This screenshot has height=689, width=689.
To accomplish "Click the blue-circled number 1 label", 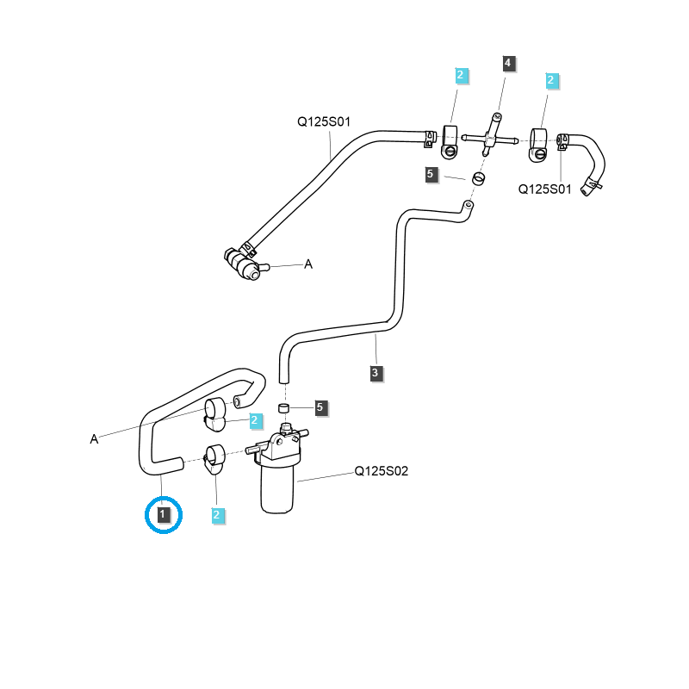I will (164, 515).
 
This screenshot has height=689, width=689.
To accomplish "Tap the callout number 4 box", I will (508, 63).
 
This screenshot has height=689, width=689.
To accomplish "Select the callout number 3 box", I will (376, 373).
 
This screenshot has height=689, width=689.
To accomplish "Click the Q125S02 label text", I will (381, 471).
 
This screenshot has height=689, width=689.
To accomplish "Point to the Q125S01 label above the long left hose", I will (325, 122).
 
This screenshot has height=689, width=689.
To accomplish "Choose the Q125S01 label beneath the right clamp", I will (544, 189).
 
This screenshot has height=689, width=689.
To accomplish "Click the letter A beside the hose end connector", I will (307, 264).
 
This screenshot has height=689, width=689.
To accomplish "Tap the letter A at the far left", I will (94, 439).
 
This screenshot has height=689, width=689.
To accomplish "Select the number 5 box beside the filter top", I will (320, 407).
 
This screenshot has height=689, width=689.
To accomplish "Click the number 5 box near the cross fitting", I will (431, 175).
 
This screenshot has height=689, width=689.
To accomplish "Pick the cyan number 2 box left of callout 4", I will (461, 76).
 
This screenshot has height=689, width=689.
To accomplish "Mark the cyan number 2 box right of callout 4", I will (551, 81).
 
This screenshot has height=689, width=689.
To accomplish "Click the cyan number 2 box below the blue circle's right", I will (217, 515).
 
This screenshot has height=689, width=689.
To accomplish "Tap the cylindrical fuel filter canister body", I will (278, 487).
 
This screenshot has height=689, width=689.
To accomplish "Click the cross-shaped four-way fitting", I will (488, 136).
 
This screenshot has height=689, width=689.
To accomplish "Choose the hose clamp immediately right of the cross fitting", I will (537, 142).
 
